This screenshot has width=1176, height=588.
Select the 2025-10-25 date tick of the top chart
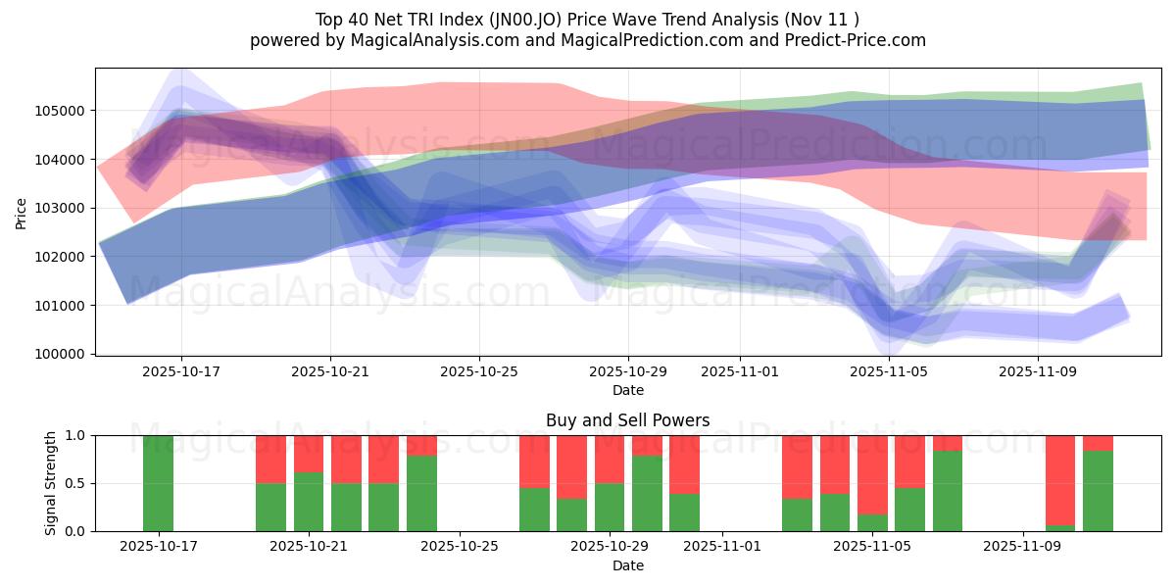click(479, 372)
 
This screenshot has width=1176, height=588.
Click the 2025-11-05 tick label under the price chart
click(889, 372)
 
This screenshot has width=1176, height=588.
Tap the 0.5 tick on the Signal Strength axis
click(74, 483)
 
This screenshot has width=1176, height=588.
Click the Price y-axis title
click(22, 214)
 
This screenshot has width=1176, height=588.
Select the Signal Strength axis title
click(51, 483)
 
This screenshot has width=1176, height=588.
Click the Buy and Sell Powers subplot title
click(628, 421)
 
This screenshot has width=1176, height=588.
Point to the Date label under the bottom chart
click(628, 566)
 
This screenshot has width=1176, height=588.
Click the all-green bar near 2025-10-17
click(159, 483)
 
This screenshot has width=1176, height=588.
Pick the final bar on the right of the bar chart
click(1098, 490)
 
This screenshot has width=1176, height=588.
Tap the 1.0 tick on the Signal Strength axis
click(74, 435)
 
